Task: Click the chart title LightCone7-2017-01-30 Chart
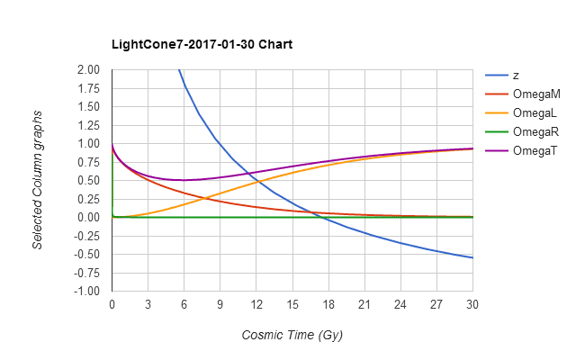[x=202, y=44]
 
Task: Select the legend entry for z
[x=516, y=75]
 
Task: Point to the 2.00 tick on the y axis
[x=88, y=69]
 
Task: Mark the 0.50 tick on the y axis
[x=88, y=180]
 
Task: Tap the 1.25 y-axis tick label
[x=88, y=125]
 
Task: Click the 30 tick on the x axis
[x=472, y=304]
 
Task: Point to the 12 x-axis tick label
[x=256, y=304]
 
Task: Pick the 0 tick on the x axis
[x=112, y=304]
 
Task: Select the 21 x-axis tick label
[x=364, y=304]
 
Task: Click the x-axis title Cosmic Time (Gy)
[x=292, y=335]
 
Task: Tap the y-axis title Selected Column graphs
[x=38, y=180]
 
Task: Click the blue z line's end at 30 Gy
[x=472, y=258]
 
